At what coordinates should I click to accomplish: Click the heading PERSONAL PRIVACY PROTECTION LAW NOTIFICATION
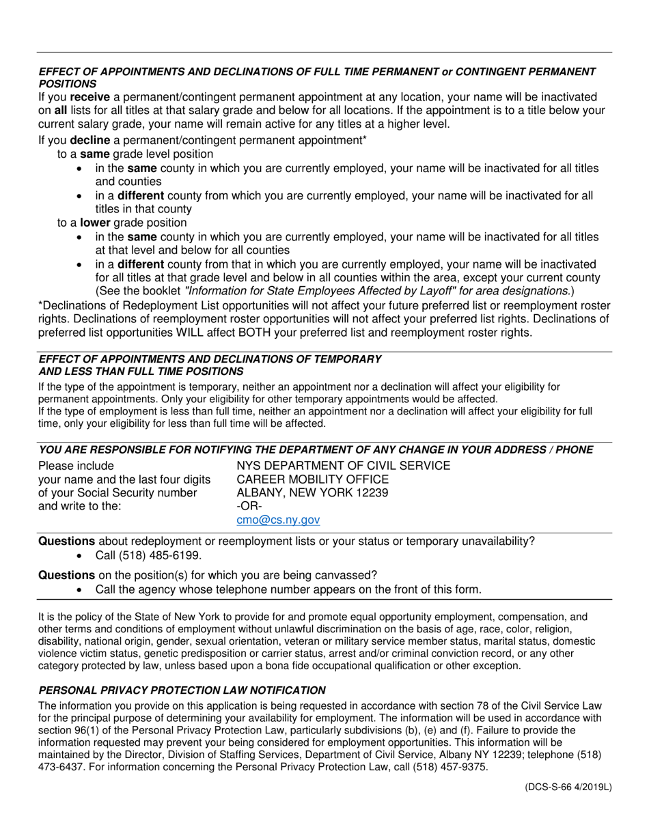[182, 690]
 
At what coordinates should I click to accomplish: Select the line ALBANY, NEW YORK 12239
[312, 493]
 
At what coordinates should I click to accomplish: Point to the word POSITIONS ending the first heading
[67, 83]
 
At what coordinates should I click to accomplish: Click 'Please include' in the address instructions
[76, 466]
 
